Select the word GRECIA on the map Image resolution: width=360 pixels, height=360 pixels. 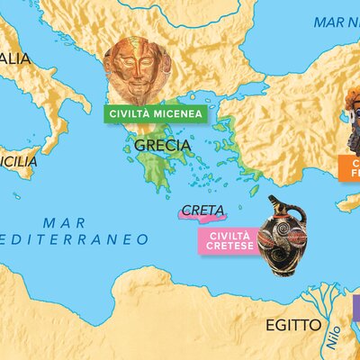[x=162, y=145]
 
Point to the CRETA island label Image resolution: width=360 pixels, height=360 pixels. [x=202, y=211]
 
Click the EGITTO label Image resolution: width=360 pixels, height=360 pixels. [x=287, y=325]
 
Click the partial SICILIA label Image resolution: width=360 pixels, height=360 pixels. [x=20, y=162]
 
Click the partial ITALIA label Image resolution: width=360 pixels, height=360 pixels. [x=15, y=58]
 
